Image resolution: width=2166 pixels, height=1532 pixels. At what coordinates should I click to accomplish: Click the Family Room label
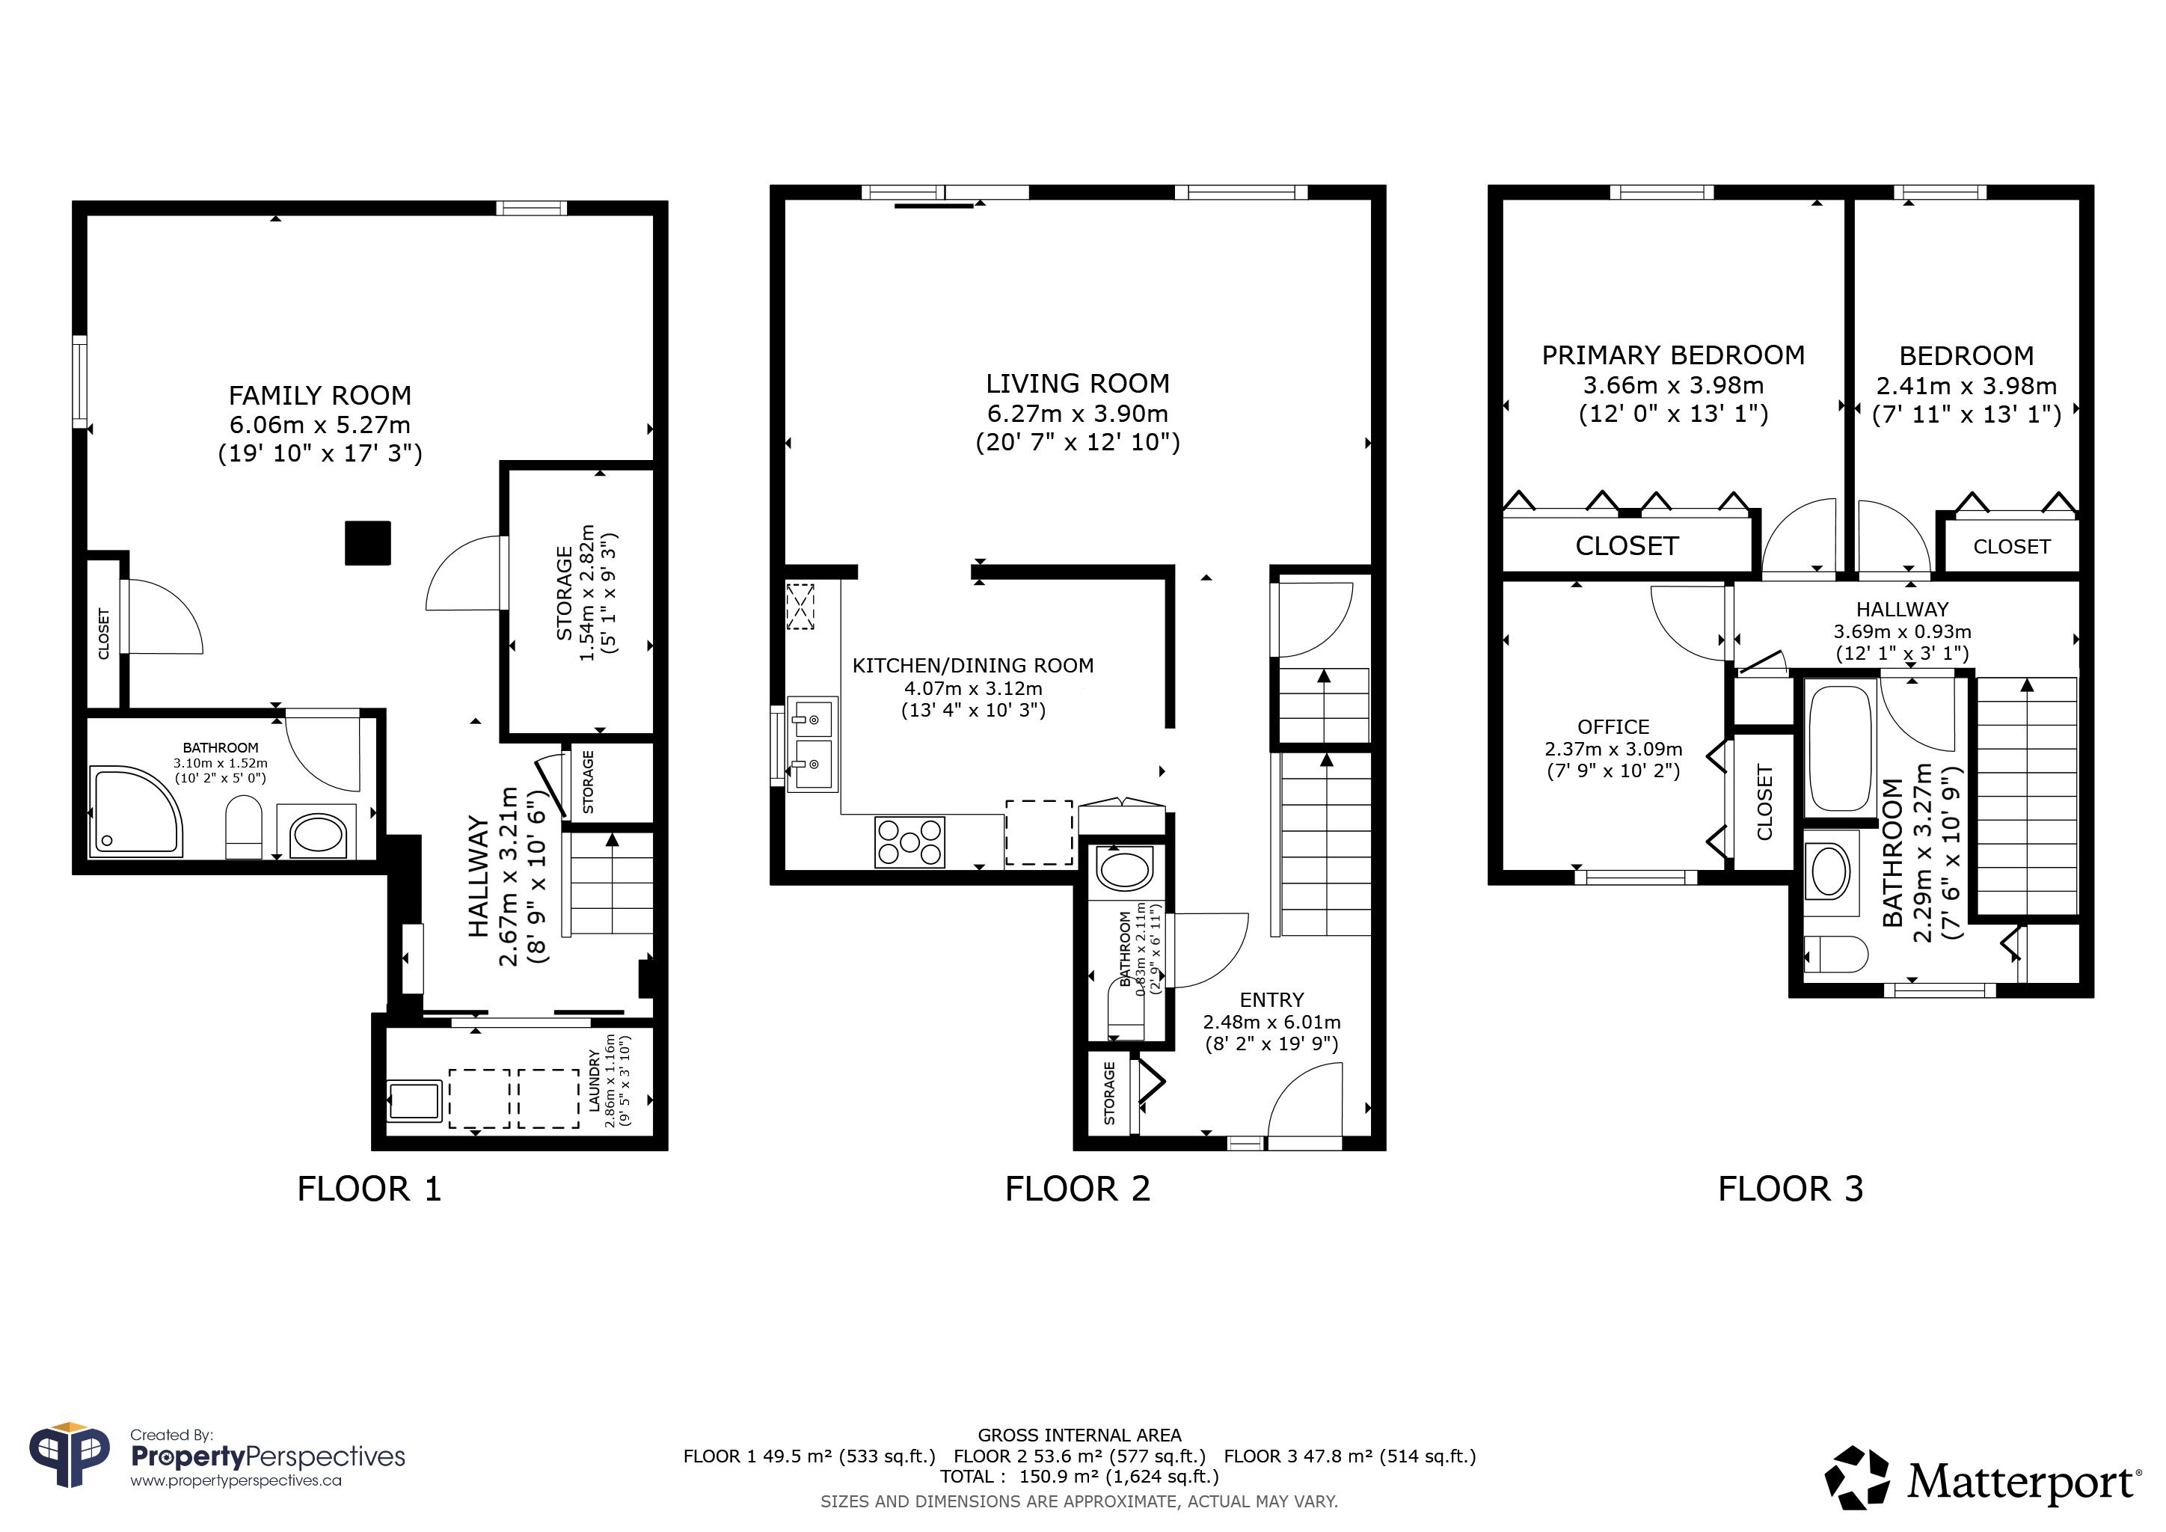coord(320,395)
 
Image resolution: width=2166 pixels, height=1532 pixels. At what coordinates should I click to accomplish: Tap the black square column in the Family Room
coord(368,543)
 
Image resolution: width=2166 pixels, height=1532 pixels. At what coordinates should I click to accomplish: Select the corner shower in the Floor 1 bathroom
coord(136,812)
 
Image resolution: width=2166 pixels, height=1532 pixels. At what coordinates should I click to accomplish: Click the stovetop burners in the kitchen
coord(910,842)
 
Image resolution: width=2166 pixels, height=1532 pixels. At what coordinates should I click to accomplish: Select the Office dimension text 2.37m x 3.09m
coord(1613,749)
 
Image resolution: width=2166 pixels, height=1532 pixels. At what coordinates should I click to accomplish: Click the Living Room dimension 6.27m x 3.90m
coord(1077,413)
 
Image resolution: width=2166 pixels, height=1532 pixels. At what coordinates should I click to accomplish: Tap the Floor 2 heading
coord(1077,1189)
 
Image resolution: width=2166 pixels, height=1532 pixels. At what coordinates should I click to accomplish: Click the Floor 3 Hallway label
coord(1902,610)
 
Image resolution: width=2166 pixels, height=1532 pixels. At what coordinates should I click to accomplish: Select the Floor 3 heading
coord(1791,1189)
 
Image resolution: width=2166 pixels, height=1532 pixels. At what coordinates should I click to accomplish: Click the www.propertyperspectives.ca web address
coord(236,1480)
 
